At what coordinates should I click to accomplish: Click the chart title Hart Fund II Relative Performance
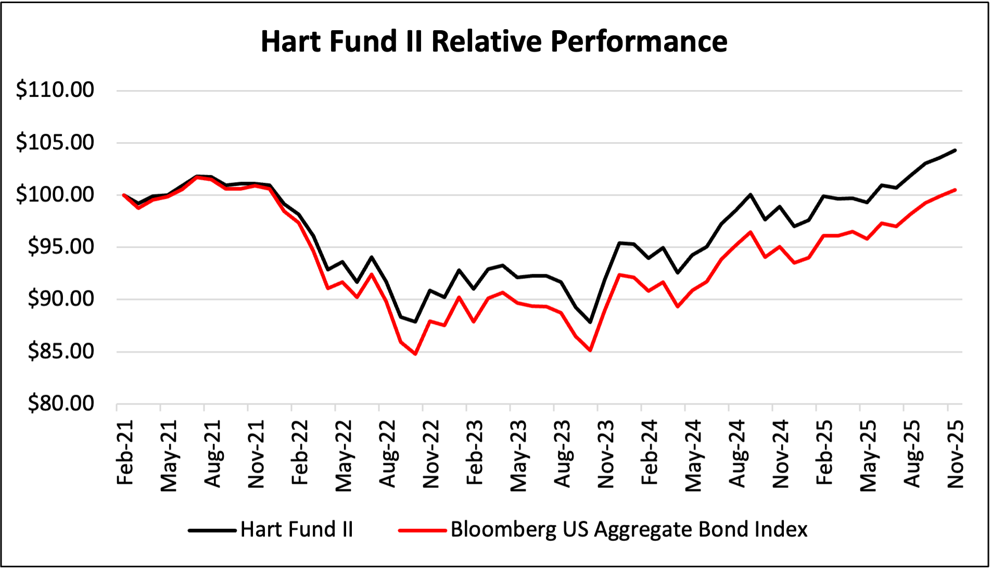[x=493, y=41]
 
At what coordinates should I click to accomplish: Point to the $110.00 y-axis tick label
[x=55, y=90]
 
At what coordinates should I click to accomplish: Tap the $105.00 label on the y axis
[x=55, y=142]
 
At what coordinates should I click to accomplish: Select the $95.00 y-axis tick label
[x=60, y=247]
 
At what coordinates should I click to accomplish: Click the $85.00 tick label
[x=60, y=351]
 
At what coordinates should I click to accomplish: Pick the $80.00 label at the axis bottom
[x=60, y=403]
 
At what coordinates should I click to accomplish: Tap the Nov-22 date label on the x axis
[x=431, y=453]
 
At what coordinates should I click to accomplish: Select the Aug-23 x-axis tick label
[x=562, y=453]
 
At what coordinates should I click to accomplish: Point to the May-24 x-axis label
[x=693, y=455]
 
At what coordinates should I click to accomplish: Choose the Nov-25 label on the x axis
[x=956, y=453]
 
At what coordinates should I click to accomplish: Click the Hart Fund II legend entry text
[x=297, y=529]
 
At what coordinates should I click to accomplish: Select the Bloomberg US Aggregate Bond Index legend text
[x=629, y=529]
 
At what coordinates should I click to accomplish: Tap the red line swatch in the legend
[x=422, y=530]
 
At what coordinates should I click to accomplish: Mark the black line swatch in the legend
[x=212, y=530]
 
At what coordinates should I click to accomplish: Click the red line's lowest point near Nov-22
[x=415, y=354]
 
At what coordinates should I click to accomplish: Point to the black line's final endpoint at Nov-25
[x=955, y=150]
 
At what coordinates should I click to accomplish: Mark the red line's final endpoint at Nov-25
[x=955, y=189]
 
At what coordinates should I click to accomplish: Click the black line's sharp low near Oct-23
[x=590, y=322]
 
